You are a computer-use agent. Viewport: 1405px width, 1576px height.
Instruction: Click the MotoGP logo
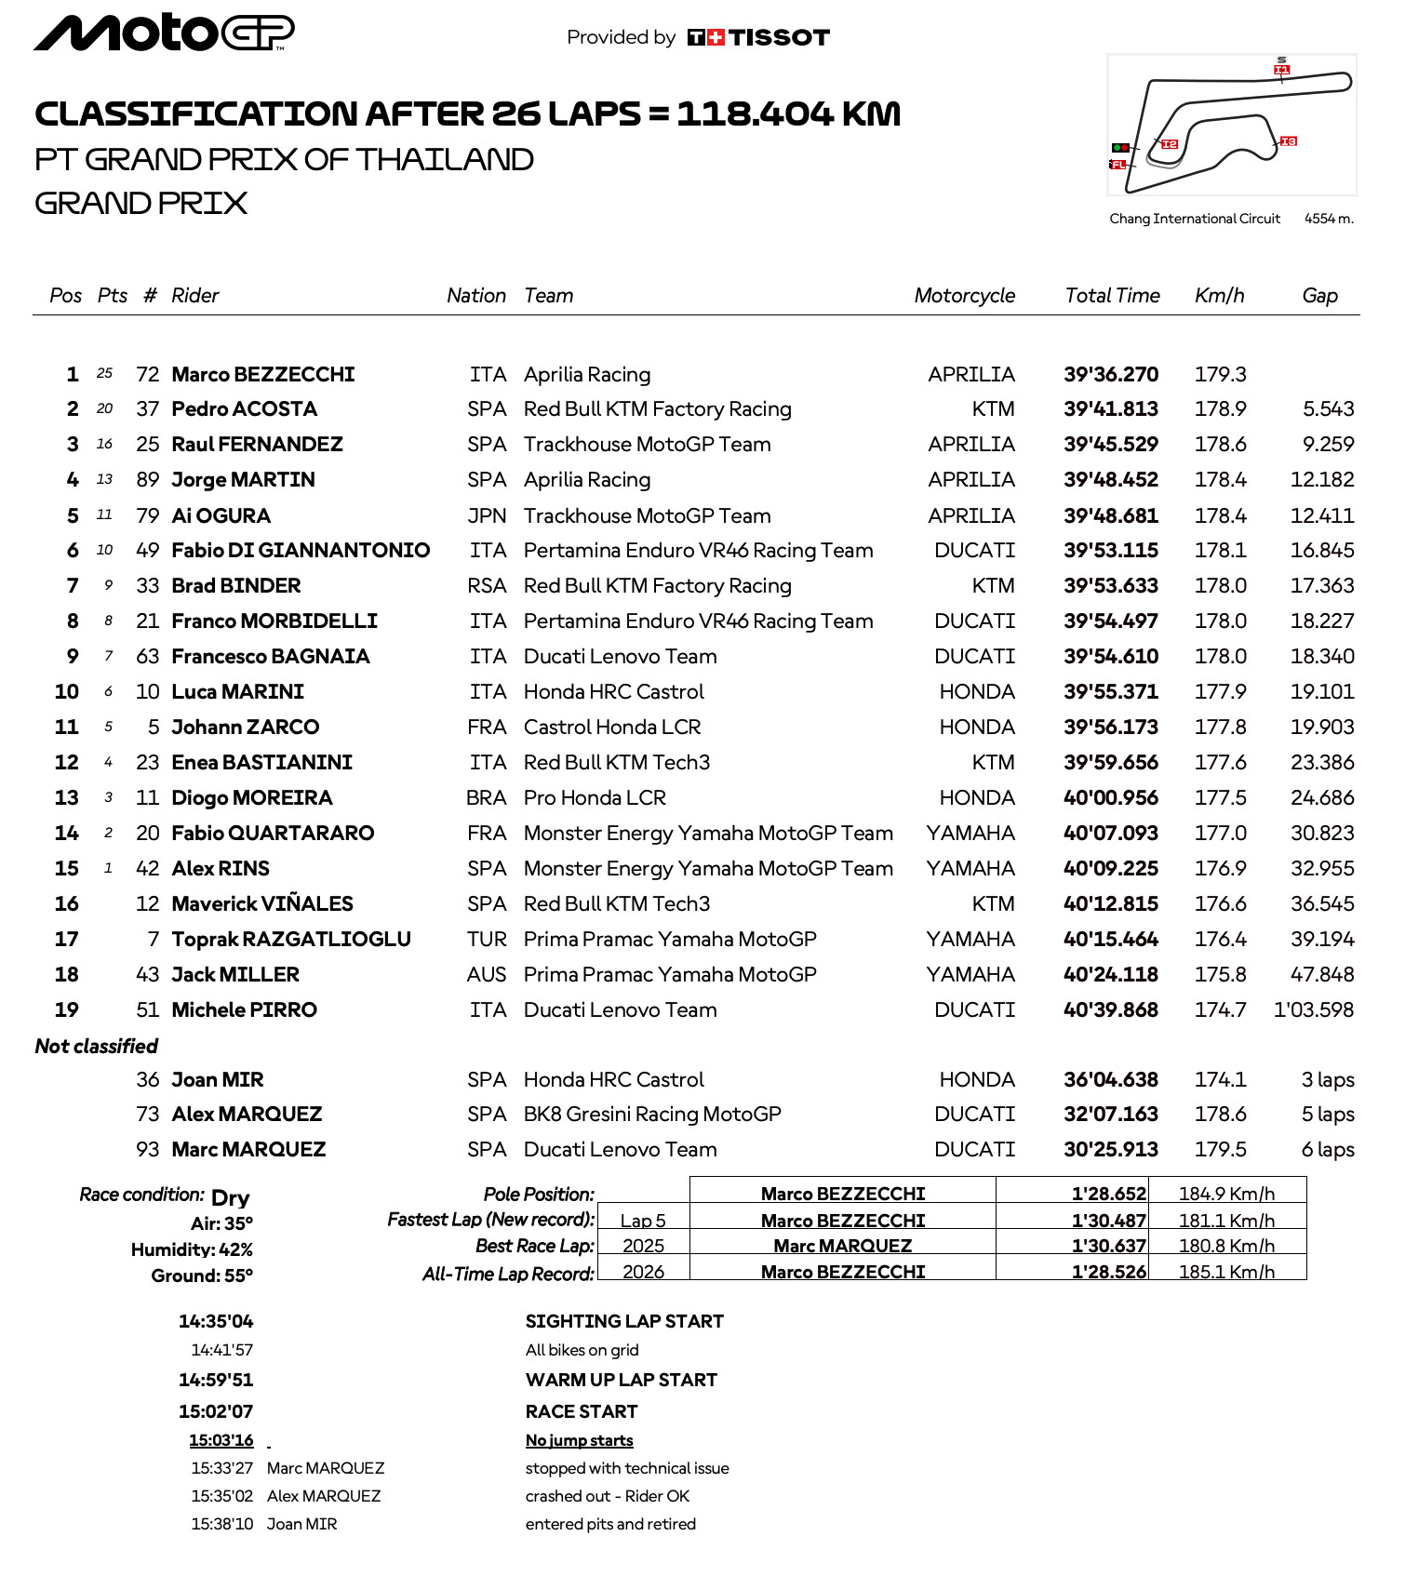coord(164,33)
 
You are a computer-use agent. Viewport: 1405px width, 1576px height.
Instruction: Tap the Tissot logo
coord(758,37)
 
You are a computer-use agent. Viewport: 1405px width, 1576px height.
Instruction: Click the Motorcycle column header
coord(964,296)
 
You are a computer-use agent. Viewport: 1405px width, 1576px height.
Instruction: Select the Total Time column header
coord(1112,296)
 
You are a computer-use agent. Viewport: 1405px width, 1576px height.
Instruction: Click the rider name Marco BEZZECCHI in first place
coord(263,375)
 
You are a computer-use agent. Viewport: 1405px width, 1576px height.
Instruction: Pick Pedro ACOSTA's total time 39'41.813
coord(1111,409)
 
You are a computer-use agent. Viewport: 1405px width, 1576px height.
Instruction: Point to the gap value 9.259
coord(1328,445)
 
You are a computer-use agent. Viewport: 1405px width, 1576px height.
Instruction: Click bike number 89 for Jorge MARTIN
coord(148,480)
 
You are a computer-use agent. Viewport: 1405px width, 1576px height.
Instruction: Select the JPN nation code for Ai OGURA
coord(487,516)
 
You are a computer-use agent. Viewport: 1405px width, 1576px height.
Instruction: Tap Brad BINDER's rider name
coord(236,586)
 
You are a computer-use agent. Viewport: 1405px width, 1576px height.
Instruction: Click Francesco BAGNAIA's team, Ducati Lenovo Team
coord(620,657)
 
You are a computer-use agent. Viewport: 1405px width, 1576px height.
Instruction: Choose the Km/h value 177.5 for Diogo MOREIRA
coord(1220,798)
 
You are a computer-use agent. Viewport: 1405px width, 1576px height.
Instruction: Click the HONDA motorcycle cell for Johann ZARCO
coord(976,728)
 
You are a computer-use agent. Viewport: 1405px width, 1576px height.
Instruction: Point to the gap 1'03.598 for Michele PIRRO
coord(1313,1010)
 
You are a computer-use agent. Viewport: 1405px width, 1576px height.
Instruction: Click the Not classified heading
coord(97,1047)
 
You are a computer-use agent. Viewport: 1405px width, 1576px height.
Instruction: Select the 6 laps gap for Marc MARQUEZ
coord(1327,1150)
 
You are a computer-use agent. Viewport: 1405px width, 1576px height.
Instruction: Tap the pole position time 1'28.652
coord(1108,1194)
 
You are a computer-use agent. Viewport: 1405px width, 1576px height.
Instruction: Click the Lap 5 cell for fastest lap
coord(643,1221)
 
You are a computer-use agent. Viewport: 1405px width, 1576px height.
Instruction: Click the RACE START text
coord(582,1412)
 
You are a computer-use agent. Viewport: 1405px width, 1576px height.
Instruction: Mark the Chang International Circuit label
coord(1195,219)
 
